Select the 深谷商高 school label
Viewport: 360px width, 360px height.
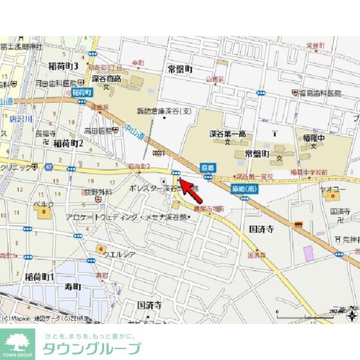pyautogui.click(x=105, y=78)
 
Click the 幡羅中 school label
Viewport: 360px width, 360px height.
pyautogui.click(x=312, y=137)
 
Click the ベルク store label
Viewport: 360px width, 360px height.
pyautogui.click(x=42, y=204)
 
